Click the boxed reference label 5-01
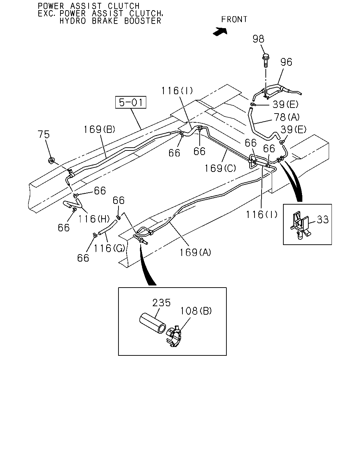[x=130, y=102]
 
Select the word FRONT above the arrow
[x=234, y=19]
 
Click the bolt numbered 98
[x=265, y=60]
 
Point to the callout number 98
[x=258, y=39]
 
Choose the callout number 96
[x=286, y=62]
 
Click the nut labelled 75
[x=51, y=160]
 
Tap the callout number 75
[x=44, y=134]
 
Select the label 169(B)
[x=99, y=129]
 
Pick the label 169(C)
[x=220, y=168]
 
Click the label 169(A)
[x=195, y=252]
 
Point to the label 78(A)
[x=287, y=117]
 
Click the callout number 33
[x=323, y=220]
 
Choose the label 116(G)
[x=109, y=249]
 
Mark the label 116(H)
[x=94, y=219]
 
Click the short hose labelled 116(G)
[x=107, y=227]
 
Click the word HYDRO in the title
[x=73, y=21]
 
